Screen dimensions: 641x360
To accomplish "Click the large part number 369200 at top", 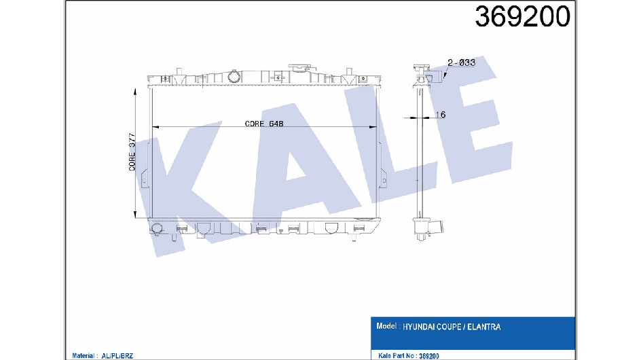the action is tap(522, 17).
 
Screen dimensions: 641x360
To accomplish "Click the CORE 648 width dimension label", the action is tap(264, 124).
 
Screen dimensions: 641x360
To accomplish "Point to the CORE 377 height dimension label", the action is tap(132, 152).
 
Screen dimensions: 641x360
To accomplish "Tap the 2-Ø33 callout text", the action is tap(461, 62).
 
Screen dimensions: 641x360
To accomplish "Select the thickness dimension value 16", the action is tap(440, 115).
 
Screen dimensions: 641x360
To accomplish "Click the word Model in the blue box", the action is tap(386, 326).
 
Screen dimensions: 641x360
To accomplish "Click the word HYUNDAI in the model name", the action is tap(419, 327).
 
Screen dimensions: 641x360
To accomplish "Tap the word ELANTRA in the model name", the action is tap(483, 327).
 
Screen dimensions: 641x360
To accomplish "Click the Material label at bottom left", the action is tap(84, 356).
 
